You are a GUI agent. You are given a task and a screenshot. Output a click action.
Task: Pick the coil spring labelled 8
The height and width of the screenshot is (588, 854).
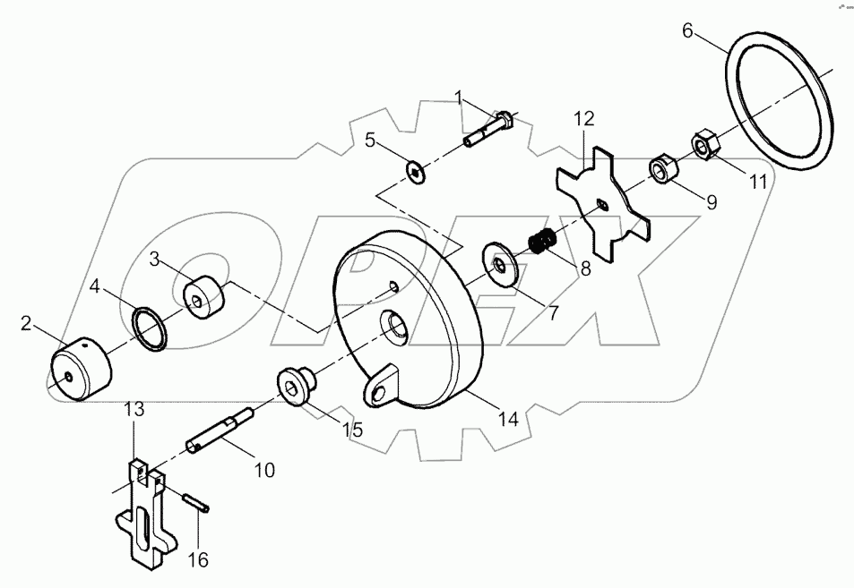(x=542, y=243)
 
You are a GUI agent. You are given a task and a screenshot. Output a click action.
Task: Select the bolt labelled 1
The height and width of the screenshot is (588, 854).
(x=487, y=131)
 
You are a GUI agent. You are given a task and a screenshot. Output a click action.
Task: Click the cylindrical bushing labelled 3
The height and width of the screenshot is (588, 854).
(x=204, y=297)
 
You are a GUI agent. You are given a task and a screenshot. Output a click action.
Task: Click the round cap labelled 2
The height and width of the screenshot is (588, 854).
(x=77, y=367)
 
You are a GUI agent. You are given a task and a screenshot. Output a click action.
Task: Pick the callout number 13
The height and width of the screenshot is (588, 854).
(x=134, y=409)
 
